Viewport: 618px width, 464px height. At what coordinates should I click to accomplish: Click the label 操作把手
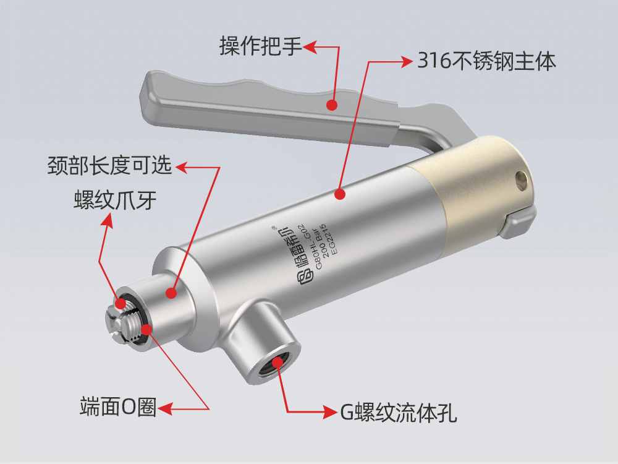tap(261, 46)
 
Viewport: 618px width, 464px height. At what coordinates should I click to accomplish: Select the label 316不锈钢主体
tap(486, 61)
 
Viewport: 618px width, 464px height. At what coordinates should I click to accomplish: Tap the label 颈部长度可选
tap(109, 165)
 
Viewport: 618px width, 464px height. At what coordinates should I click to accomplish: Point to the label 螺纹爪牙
tap(115, 200)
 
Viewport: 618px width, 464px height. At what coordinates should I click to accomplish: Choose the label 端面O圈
tap(118, 406)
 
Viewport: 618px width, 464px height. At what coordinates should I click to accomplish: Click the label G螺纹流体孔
tap(399, 413)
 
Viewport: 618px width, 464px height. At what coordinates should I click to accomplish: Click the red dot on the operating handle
tap(332, 105)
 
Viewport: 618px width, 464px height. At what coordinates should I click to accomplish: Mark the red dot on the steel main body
tap(340, 194)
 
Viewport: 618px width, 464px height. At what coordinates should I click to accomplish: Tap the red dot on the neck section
tap(171, 293)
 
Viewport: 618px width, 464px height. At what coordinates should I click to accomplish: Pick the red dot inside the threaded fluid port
tap(277, 362)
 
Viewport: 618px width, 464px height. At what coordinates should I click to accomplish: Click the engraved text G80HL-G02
tap(310, 247)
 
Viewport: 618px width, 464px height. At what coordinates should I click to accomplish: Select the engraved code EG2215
tap(329, 239)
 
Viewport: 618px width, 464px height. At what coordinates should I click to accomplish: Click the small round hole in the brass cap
tap(522, 180)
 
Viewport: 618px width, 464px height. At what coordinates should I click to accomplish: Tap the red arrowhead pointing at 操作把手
tap(310, 47)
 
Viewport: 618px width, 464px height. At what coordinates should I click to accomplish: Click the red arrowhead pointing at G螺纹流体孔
tap(330, 412)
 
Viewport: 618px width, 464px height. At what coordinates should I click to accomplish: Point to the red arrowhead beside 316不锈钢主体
tap(406, 61)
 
